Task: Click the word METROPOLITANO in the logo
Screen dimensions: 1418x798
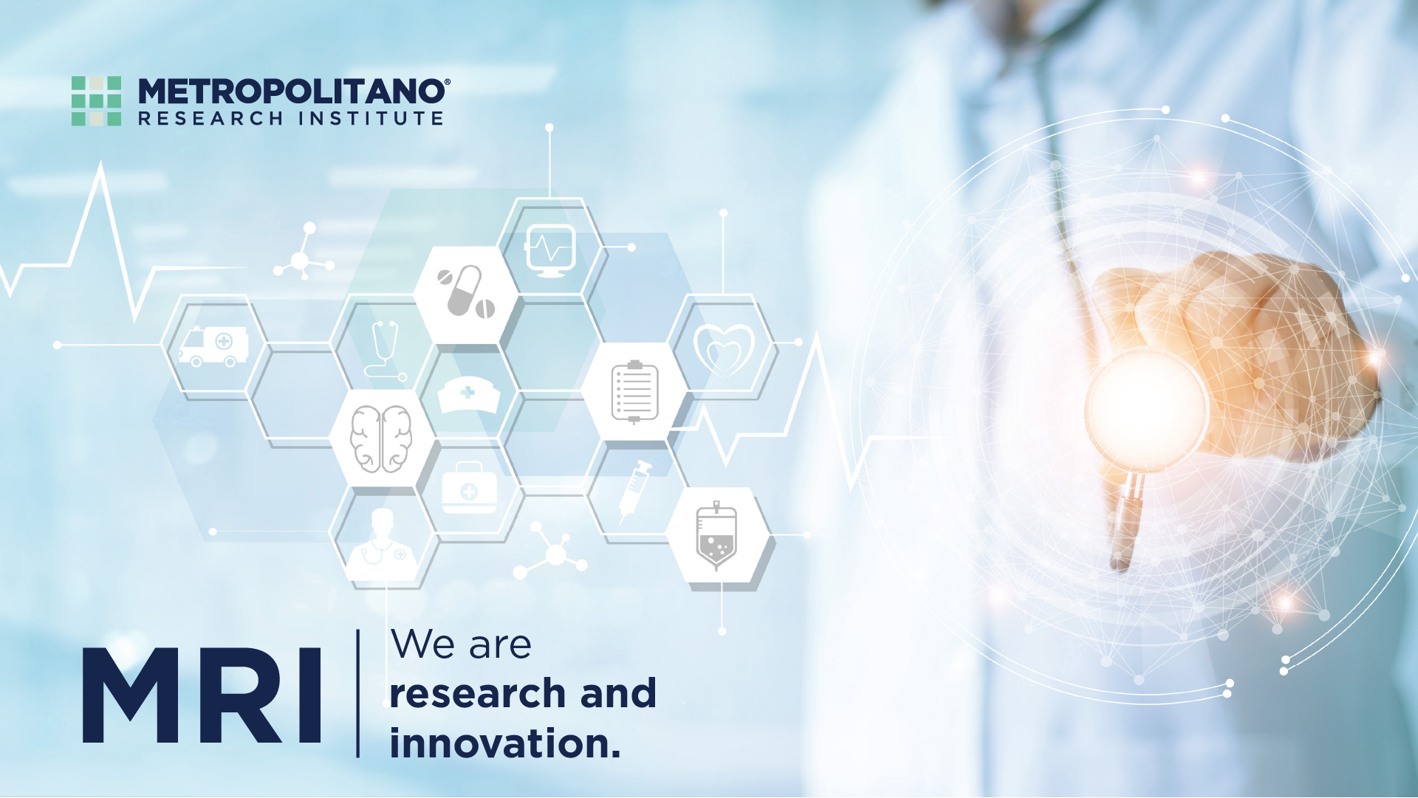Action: click(292, 92)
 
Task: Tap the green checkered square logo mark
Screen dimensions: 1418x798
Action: click(96, 100)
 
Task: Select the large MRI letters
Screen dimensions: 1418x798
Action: click(202, 695)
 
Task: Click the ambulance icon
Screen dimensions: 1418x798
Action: click(213, 345)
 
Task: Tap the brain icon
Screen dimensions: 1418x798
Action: click(381, 438)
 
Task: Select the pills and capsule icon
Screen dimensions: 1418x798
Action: click(466, 292)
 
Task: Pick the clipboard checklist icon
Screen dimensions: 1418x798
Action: click(634, 392)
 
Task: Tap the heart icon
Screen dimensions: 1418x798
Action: click(724, 348)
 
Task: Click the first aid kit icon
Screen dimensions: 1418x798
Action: click(469, 487)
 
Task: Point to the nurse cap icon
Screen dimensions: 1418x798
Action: click(468, 395)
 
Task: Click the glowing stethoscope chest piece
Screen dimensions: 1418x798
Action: click(1145, 410)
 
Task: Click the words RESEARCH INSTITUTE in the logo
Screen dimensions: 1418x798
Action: click(291, 119)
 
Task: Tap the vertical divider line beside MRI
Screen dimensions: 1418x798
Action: click(358, 693)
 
